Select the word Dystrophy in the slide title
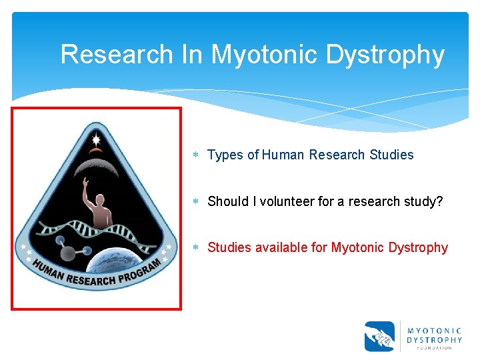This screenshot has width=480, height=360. pyautogui.click(x=385, y=55)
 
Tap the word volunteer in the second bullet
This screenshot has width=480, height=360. pyautogui.click(x=274, y=201)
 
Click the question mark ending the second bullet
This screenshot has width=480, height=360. pyautogui.click(x=439, y=201)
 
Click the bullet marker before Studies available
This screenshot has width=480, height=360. pyautogui.click(x=197, y=248)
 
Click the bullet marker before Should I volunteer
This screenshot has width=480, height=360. pyautogui.click(x=197, y=202)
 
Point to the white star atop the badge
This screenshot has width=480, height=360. pyautogui.click(x=96, y=139)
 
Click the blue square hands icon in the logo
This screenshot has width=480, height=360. pyautogui.click(x=379, y=337)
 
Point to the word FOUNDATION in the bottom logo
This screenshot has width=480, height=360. pyautogui.click(x=434, y=347)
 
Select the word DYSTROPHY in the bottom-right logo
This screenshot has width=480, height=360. pyautogui.click(x=434, y=339)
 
